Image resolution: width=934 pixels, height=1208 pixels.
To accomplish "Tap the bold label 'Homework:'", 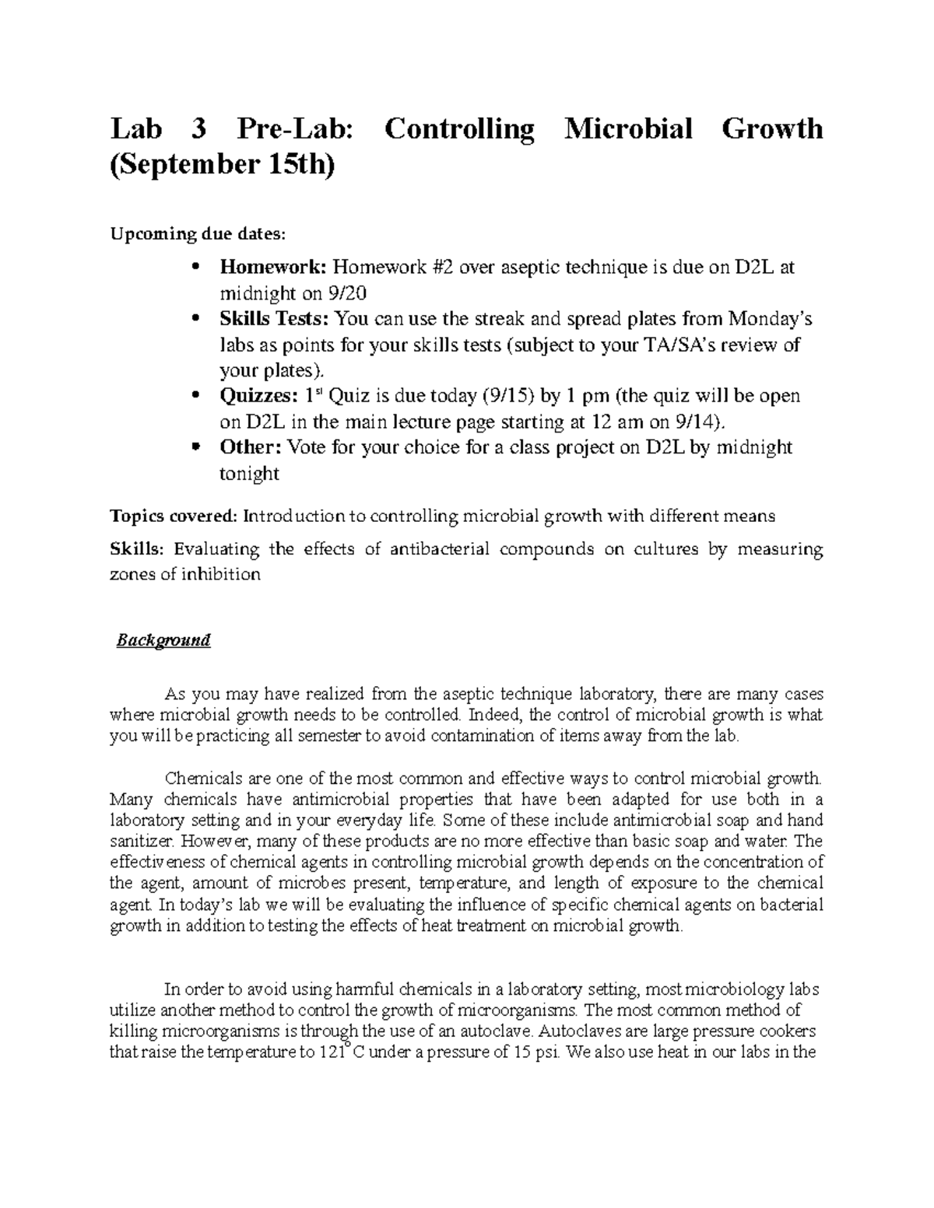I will (273, 268).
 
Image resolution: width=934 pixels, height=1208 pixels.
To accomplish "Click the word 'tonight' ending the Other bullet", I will (249, 473).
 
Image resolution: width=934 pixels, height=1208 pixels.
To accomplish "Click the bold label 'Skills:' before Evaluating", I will (138, 550).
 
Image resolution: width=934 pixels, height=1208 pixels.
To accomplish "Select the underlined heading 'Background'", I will (163, 641).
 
